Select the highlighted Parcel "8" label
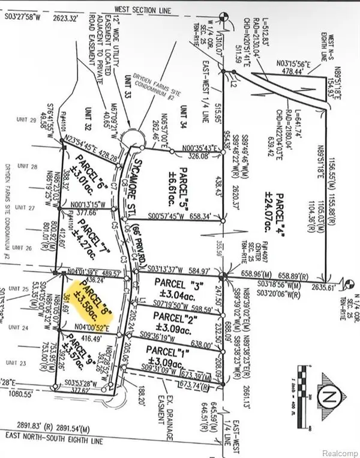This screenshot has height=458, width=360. click(x=85, y=294)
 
